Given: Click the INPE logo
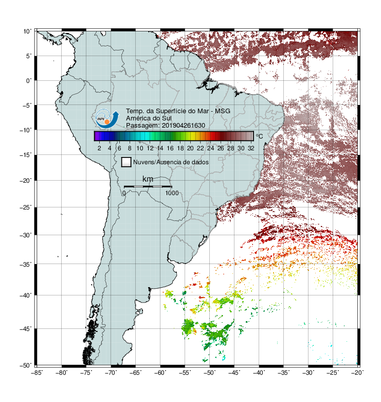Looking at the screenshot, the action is [x=107, y=119].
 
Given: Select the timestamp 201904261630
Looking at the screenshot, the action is [x=184, y=126].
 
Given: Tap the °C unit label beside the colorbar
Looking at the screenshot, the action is [x=259, y=136].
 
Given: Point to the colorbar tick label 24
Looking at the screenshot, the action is [x=210, y=148].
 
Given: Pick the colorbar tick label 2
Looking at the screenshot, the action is [x=99, y=148].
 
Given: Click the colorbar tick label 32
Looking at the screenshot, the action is [x=251, y=148].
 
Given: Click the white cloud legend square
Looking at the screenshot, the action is [x=126, y=162].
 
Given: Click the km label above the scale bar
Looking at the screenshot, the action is [x=148, y=179].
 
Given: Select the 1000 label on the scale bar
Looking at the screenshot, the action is [x=172, y=193].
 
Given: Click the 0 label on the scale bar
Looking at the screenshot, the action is [x=124, y=193].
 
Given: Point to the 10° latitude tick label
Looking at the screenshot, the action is [x=27, y=31].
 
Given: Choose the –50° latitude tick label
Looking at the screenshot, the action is [x=26, y=365].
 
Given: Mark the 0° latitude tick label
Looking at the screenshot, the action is [x=29, y=81].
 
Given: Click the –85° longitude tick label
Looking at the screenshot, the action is [x=37, y=373].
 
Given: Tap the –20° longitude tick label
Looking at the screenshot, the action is [x=357, y=373].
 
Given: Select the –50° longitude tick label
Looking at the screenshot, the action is [x=209, y=373].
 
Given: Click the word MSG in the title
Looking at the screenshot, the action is [x=223, y=111].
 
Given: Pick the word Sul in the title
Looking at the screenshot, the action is [x=167, y=118].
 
